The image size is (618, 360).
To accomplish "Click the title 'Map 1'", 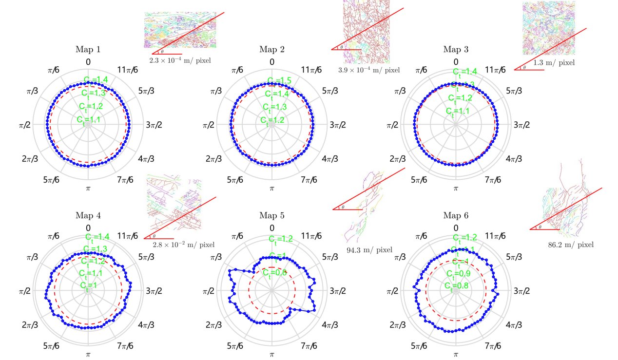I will click(88, 49).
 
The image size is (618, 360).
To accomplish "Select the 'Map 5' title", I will click(271, 215).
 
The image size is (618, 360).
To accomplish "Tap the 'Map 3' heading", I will click(456, 49).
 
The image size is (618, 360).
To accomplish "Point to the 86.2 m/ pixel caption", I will click(571, 245).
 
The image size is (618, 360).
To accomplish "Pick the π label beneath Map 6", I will click(456, 354).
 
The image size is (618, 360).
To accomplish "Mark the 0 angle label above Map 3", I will click(456, 62).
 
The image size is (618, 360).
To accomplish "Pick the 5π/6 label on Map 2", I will click(237, 180).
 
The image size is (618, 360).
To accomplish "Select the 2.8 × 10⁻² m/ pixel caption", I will click(183, 245).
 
